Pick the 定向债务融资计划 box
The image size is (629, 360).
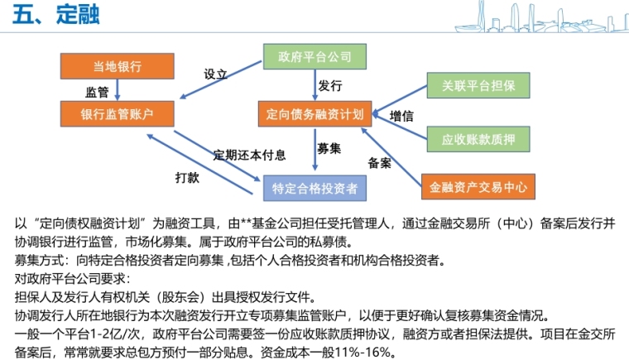(x=314, y=113)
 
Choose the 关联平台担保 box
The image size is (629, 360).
(x=478, y=86)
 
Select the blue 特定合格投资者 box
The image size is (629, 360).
(x=315, y=189)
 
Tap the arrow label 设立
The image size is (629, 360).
(x=216, y=74)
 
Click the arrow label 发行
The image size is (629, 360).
(x=330, y=85)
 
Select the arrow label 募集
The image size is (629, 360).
(x=329, y=149)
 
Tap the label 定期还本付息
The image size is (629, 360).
(x=250, y=155)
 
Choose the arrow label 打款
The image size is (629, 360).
(x=187, y=176)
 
